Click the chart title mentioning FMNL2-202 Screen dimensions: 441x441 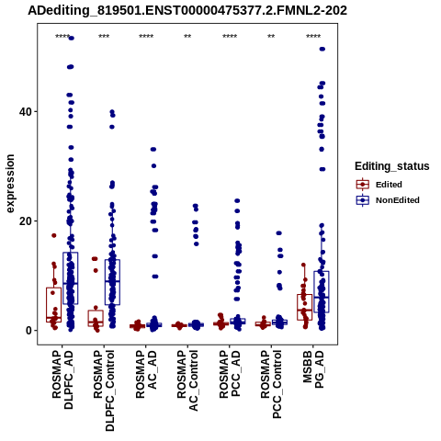[x=187, y=10]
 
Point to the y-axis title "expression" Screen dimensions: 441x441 [x=10, y=184]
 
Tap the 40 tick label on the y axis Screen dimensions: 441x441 [x=26, y=112]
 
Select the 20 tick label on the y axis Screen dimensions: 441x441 [x=26, y=221]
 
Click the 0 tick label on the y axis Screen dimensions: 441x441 [x=29, y=331]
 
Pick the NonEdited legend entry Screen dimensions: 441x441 [x=388, y=200]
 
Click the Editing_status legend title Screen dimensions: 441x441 [x=392, y=166]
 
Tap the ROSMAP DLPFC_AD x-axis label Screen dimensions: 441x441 [x=62, y=379]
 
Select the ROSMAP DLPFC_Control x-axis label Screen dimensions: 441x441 [x=104, y=390]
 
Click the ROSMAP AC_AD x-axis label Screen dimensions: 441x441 [x=146, y=374]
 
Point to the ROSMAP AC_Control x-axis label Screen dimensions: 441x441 [x=187, y=380]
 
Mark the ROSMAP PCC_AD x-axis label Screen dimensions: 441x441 [x=230, y=374]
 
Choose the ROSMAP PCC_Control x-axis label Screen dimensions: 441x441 [x=271, y=384]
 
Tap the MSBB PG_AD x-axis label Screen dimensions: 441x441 [x=313, y=369]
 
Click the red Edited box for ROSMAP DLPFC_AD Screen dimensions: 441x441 [x=53, y=305]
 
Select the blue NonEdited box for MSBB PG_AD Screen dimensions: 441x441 [x=322, y=292]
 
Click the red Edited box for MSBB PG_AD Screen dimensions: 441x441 [x=304, y=307]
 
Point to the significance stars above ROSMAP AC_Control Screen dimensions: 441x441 [x=187, y=37]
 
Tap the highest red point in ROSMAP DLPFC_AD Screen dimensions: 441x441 [x=54, y=235]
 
